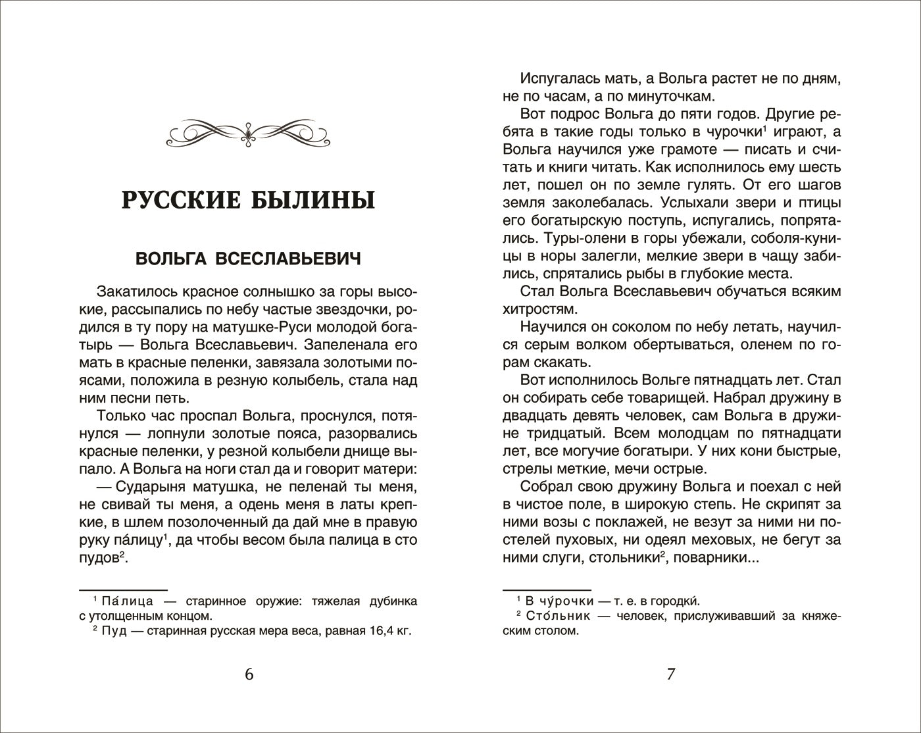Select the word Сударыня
(x=151, y=487)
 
